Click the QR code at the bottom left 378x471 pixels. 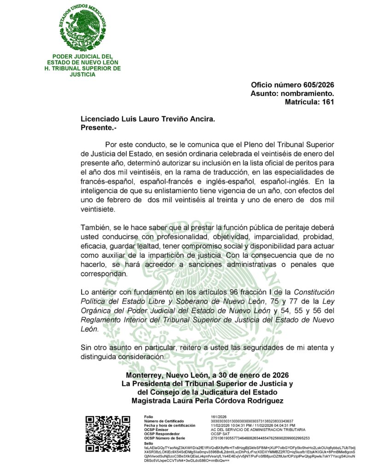coord(108,433)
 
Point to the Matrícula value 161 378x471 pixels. coord(328,102)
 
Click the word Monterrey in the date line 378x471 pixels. coord(142,375)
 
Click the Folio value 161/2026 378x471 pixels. coord(219,416)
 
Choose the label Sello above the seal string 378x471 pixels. coord(148,443)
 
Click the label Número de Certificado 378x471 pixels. coord(164,421)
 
